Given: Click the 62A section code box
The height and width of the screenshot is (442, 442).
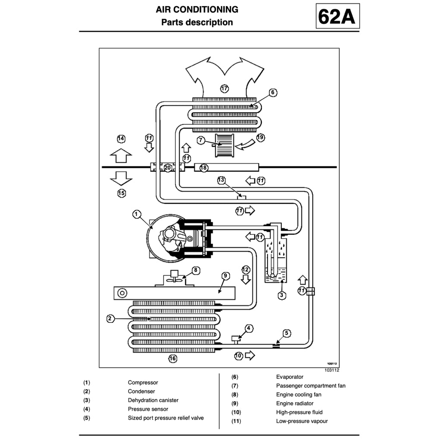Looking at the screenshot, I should [337, 16].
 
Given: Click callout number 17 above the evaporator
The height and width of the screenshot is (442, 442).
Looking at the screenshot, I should [224, 88].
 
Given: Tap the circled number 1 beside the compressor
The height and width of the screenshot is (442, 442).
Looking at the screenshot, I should [136, 214].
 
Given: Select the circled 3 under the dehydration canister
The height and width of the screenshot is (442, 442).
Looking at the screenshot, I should [281, 296].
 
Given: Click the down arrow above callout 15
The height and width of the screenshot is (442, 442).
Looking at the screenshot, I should [121, 177].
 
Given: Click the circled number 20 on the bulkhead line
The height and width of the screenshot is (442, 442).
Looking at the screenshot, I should [168, 167].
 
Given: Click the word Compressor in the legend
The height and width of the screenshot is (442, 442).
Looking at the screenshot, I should [143, 382].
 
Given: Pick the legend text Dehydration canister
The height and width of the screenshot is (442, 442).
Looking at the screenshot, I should [153, 400].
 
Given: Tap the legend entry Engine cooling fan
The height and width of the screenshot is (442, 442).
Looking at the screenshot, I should [299, 395].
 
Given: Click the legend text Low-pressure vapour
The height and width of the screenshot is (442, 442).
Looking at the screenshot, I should [302, 421].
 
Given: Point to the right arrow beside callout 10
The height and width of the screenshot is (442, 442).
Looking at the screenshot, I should [249, 356].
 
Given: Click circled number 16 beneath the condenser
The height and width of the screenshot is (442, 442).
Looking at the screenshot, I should [173, 358].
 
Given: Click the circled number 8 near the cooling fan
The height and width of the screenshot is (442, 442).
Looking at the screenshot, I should [196, 270].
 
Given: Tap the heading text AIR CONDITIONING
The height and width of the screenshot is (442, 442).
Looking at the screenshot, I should [197, 9].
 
